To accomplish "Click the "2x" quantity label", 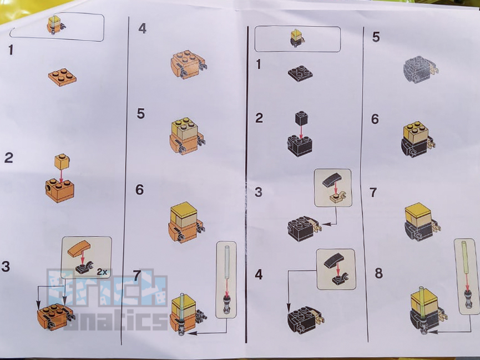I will tap(102, 272).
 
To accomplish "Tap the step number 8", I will tap(378, 273).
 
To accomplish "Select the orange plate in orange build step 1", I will tap(62, 77).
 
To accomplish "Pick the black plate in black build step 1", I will tap(300, 73).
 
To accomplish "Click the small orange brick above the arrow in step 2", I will tap(62, 161).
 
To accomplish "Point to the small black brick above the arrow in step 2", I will tap(301, 118).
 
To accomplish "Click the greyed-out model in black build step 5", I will tap(420, 70).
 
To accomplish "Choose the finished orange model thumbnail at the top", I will tap(56, 25).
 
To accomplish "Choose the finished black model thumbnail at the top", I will tap(297, 38).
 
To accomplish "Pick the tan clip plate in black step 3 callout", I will tap(336, 196).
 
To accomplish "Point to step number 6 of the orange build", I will tap(140, 190).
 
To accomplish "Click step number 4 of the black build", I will tap(259, 275).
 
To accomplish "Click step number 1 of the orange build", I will tap(10, 50).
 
